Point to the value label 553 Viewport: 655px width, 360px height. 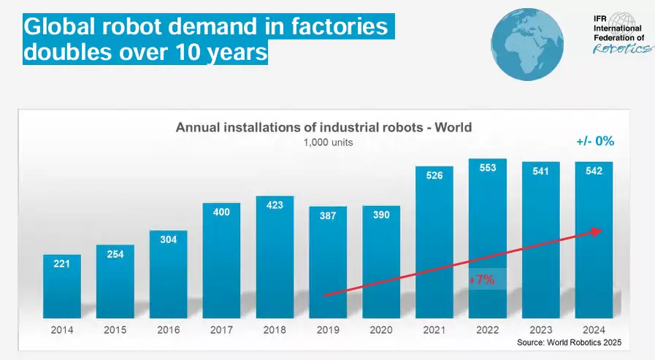tap(488, 168)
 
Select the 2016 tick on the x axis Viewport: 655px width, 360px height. tap(168, 330)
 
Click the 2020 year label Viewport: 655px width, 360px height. tap(381, 330)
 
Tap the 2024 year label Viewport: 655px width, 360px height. tap(594, 330)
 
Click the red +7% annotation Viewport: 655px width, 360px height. tap(483, 280)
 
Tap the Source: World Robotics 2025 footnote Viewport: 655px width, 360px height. tap(569, 342)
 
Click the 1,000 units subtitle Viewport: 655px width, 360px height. tap(328, 142)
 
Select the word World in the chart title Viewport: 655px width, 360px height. tap(453, 127)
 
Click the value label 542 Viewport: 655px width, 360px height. tap(594, 172)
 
